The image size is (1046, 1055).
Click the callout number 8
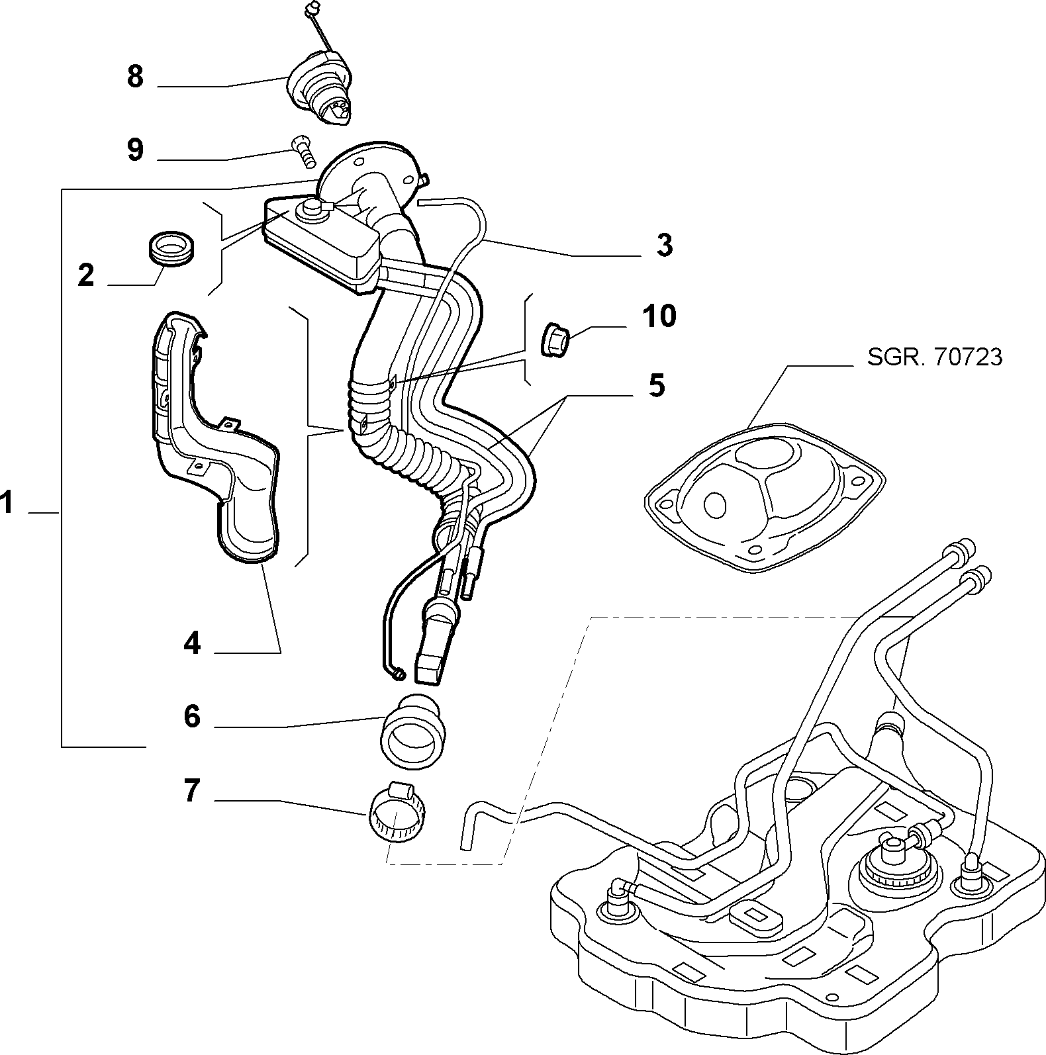135,77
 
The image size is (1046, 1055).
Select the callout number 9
135,150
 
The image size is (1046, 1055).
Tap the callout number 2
86,275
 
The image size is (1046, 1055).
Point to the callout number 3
664,245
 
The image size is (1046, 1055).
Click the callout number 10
659,316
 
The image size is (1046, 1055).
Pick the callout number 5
656,385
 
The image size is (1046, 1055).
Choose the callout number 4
192,642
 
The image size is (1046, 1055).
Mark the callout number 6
192,716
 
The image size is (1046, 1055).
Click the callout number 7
192,790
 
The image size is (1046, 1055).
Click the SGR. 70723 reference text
934,357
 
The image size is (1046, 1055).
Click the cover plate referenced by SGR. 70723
765,494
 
